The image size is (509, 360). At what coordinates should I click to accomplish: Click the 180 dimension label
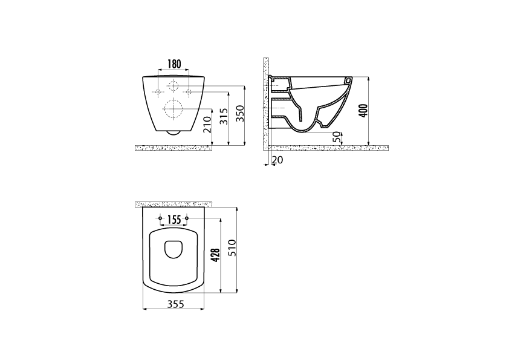[x=174, y=64]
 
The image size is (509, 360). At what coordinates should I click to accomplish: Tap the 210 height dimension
[x=207, y=125]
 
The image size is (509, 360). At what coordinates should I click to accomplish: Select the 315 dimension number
[x=224, y=116]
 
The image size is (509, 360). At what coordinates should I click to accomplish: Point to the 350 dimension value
[x=240, y=113]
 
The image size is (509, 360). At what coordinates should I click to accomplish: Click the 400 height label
[x=364, y=111]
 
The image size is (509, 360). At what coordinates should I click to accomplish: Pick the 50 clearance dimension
[x=337, y=137]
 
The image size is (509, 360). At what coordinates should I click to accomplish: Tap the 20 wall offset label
[x=277, y=160]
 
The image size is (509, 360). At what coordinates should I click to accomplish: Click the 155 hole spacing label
[x=173, y=220]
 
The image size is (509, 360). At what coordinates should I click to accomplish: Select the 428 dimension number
[x=216, y=255]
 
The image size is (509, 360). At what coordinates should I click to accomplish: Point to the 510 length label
[x=232, y=248]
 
